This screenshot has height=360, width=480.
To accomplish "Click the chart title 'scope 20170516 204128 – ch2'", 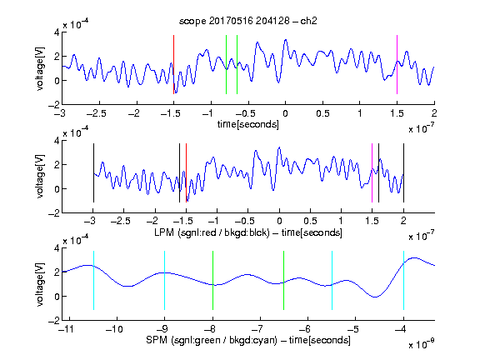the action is pos(248,21).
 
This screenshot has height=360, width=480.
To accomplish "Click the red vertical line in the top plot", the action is pos(173,65).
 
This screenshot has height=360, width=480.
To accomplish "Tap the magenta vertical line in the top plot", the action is pos(397,65).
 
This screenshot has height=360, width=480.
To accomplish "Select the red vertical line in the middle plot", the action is pos(186,173).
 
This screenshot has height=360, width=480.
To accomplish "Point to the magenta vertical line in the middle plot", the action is pos(372,173).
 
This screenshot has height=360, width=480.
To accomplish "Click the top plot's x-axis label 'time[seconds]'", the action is pos(248,124).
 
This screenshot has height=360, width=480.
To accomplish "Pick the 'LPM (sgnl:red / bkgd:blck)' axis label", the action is pos(212,232).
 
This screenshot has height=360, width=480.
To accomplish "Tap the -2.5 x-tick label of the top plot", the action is pos(96,113).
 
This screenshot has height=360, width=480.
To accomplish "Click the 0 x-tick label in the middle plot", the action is pos(279,221).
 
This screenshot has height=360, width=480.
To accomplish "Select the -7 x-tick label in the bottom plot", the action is pos(259,329).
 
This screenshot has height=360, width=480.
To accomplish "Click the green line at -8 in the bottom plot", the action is pos(212,280).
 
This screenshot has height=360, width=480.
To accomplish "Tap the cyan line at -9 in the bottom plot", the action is pos(164,280).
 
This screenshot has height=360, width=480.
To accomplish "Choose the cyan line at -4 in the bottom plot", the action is pos(403,280).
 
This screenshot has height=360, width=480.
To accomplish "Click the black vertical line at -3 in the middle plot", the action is pos(93,173).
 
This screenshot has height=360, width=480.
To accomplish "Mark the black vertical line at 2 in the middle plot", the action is pos(403,173).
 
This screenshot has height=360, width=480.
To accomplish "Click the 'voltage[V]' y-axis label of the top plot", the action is pos(40,68).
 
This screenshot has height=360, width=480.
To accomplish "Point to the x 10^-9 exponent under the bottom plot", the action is pos(422,344).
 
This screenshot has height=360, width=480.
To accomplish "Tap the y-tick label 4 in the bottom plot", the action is pos(57,248).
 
